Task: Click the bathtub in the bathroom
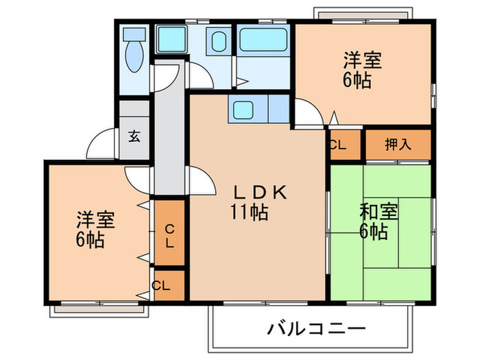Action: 264,39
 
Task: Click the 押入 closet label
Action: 397,145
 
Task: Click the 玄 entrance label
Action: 134,135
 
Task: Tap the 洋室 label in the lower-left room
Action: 95,222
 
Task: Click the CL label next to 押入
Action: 336,145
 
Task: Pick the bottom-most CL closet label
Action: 162,285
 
